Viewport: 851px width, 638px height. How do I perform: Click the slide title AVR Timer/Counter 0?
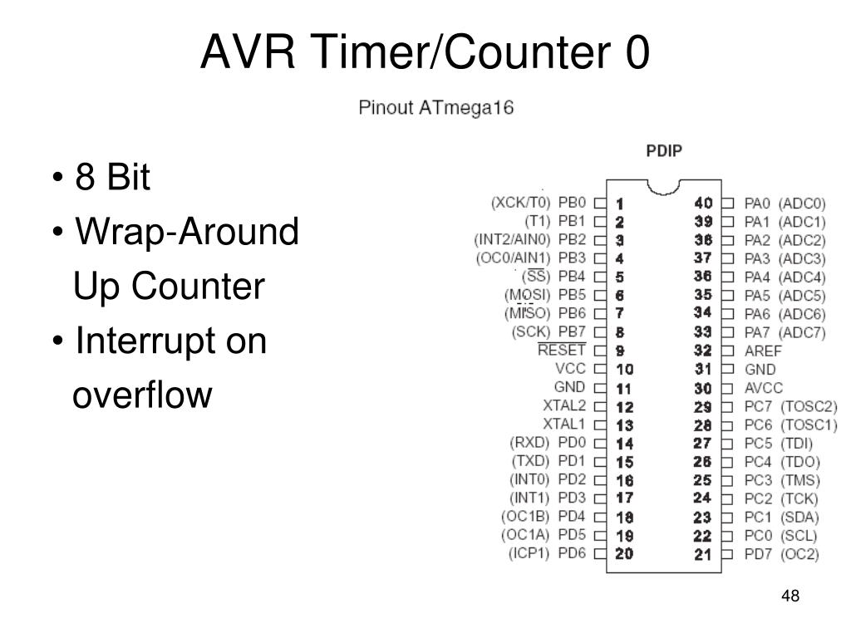click(x=425, y=53)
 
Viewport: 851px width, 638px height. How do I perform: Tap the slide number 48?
click(x=790, y=596)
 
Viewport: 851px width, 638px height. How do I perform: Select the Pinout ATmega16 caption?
click(x=435, y=108)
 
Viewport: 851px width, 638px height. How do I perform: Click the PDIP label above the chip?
click(x=664, y=153)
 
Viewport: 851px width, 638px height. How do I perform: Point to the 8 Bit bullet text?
click(x=112, y=178)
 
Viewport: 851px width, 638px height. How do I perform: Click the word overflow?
click(x=143, y=395)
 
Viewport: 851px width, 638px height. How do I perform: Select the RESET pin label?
click(x=562, y=350)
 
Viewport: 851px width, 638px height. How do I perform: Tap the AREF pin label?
click(x=763, y=351)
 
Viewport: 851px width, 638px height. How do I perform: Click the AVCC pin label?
click(x=763, y=387)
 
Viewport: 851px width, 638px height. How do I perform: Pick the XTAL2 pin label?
click(x=564, y=405)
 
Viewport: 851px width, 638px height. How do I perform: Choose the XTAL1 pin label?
click(x=564, y=424)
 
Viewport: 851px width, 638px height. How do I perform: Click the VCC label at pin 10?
click(x=571, y=368)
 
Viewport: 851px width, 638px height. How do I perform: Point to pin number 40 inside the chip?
click(x=703, y=203)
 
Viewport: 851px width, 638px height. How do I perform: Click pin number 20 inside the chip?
click(x=624, y=553)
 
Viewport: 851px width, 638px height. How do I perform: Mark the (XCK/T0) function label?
click(x=521, y=202)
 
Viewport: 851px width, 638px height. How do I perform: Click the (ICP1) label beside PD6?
click(x=529, y=553)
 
